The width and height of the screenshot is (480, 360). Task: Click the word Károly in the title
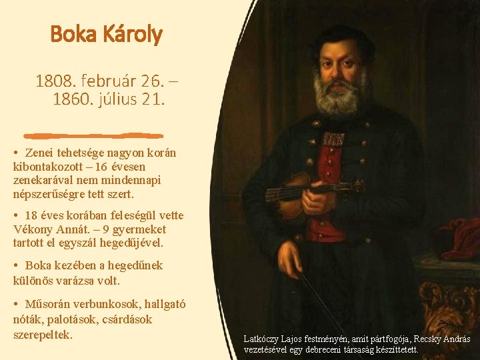coord(133,35)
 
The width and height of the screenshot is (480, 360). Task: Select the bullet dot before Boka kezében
coord(15,265)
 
